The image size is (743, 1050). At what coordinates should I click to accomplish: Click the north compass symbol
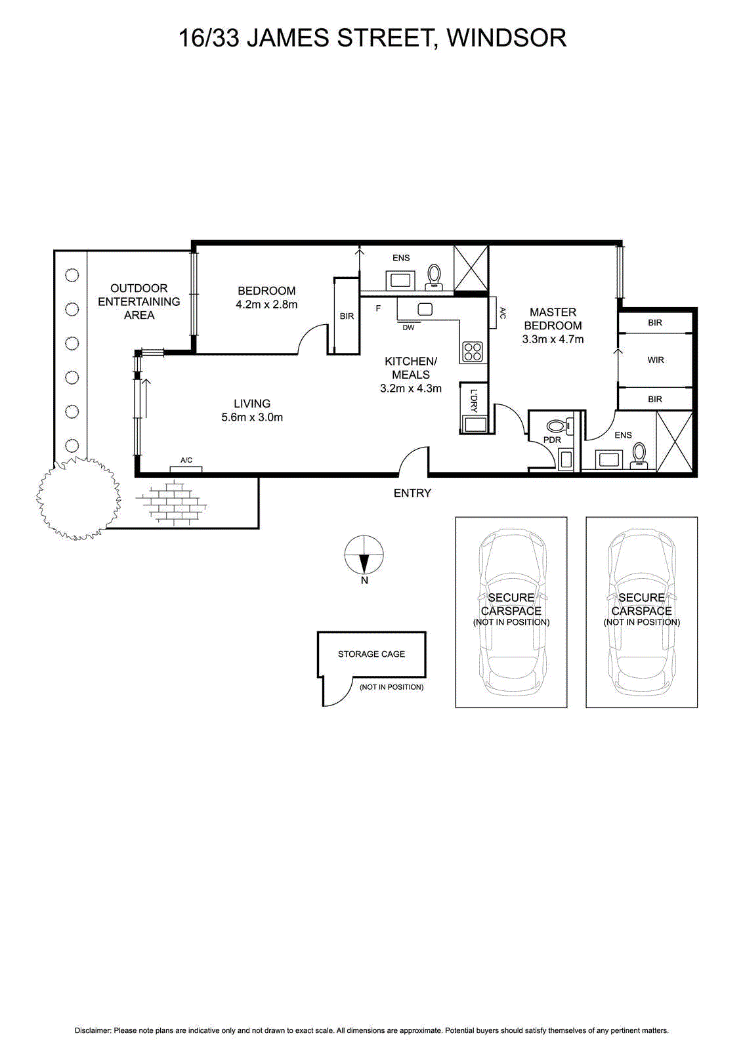coord(364,555)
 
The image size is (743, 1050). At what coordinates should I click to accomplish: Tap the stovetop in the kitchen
coord(473,352)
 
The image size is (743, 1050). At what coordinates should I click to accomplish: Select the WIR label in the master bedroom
coord(656,360)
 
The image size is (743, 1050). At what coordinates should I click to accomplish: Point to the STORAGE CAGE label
coord(371,654)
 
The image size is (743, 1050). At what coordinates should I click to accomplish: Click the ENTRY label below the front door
coord(412,493)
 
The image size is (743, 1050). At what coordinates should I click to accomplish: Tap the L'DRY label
coord(474,401)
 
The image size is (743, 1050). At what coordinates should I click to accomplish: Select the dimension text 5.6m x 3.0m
coord(252,417)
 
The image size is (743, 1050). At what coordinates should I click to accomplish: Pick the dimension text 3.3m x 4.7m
coord(553,339)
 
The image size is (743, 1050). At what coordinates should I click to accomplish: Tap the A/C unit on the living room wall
coord(186,468)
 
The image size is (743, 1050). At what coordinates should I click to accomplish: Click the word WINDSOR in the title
coord(506,38)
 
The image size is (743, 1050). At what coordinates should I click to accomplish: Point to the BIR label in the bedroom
coord(347,316)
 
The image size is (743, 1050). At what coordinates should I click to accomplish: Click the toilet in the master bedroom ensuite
coord(639,454)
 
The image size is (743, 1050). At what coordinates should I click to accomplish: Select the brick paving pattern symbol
coord(171,504)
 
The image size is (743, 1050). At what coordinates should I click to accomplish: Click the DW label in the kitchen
coord(408,327)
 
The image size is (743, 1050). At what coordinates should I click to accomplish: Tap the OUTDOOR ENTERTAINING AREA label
coord(139,302)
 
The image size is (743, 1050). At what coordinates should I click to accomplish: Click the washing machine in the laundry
coord(474,425)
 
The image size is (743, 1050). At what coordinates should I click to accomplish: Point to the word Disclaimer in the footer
coord(93,1031)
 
